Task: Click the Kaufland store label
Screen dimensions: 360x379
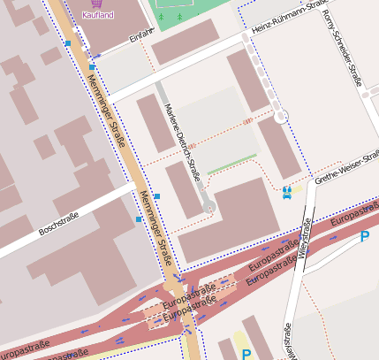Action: [97, 15]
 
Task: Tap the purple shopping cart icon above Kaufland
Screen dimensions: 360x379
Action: [97, 4]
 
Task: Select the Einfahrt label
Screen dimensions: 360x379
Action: [140, 36]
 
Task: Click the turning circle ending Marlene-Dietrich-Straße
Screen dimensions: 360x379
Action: [208, 207]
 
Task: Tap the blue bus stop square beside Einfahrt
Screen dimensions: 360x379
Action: [92, 66]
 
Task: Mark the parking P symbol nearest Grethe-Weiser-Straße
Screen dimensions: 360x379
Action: [365, 236]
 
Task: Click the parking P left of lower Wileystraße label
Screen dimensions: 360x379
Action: [246, 354]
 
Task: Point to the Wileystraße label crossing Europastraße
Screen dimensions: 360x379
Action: [306, 238]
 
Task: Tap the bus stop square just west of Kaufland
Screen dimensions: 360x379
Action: [68, 42]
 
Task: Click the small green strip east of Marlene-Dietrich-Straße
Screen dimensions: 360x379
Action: [232, 163]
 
